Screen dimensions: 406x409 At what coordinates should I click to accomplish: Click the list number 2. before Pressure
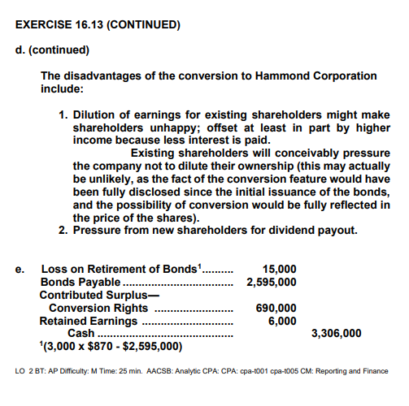(65, 230)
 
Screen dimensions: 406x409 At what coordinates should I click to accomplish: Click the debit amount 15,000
(281, 269)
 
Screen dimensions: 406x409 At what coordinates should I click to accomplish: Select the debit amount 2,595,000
(271, 282)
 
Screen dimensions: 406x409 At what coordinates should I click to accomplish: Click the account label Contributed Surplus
(95, 295)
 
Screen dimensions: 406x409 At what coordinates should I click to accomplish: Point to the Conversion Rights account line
(98, 308)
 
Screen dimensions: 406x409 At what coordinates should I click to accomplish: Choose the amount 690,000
(276, 308)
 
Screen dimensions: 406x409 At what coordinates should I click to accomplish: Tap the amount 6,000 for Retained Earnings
(282, 321)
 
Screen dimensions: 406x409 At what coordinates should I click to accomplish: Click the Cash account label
(80, 334)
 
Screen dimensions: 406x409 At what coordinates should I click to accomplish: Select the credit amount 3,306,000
(337, 334)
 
